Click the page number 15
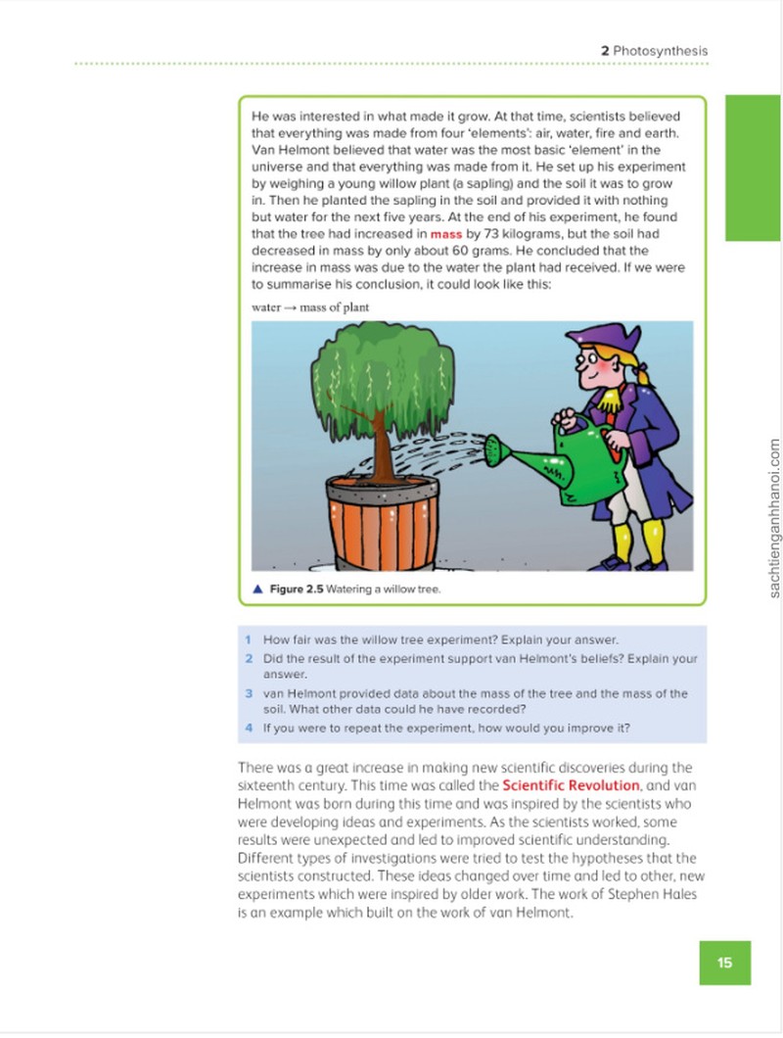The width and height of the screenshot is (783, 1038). pyautogui.click(x=724, y=962)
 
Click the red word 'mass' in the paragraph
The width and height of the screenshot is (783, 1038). pyautogui.click(x=446, y=234)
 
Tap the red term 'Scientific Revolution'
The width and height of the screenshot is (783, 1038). pyautogui.click(x=571, y=785)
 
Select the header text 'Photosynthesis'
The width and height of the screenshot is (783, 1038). pyautogui.click(x=661, y=50)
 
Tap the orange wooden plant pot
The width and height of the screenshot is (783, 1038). pyautogui.click(x=383, y=523)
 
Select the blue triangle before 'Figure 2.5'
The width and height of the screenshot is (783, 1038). pyautogui.click(x=258, y=589)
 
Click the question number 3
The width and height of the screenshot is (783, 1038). pyautogui.click(x=249, y=693)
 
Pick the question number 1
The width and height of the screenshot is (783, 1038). pyautogui.click(x=249, y=639)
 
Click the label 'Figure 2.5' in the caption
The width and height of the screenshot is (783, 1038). pyautogui.click(x=297, y=589)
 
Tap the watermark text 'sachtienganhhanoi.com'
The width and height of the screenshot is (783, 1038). pyautogui.click(x=774, y=518)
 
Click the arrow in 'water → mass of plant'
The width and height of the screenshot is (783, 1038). pyautogui.click(x=291, y=307)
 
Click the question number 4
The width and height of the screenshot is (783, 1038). pyautogui.click(x=249, y=728)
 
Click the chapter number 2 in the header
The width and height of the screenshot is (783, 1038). pyautogui.click(x=605, y=50)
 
